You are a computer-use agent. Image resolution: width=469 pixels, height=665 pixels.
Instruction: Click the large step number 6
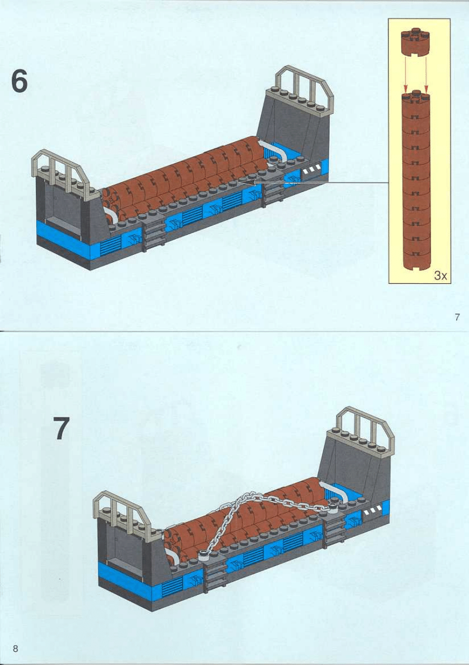19,82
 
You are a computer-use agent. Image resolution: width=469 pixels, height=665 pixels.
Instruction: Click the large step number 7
61,428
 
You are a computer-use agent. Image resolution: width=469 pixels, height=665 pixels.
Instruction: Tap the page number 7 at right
457,317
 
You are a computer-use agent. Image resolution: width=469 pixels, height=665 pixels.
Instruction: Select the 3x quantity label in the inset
441,275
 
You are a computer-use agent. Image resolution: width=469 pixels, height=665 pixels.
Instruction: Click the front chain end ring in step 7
203,551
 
